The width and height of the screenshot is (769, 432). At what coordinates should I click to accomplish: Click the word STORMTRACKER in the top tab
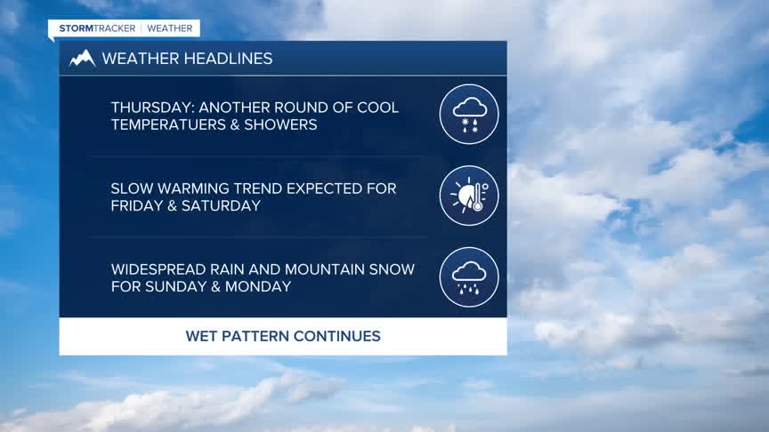coord(97,28)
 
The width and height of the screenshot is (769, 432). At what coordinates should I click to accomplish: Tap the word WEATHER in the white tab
coord(170,28)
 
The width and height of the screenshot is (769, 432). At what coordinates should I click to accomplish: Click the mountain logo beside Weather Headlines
coord(82,59)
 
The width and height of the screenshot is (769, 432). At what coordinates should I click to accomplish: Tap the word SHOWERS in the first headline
coord(280,124)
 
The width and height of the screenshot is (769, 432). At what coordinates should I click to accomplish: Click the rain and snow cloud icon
coord(469,114)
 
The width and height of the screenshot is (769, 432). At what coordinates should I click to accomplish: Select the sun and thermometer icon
coord(469,196)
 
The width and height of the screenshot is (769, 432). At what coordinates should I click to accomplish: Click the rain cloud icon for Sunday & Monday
coord(469,276)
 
